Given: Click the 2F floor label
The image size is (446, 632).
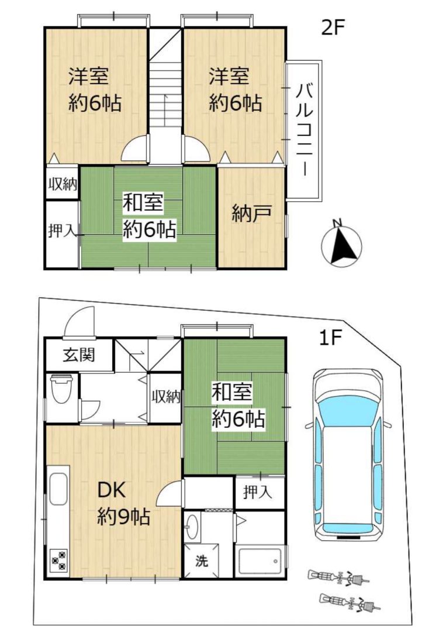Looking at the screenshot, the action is [333, 28].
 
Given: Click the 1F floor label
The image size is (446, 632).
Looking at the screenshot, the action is [330, 339].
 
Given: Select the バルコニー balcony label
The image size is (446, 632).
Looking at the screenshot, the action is [305, 129].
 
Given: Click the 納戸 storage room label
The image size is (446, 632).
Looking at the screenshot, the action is [251, 214].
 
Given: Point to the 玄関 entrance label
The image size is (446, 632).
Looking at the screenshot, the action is [79, 355].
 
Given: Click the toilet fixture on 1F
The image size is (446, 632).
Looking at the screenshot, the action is [61, 389].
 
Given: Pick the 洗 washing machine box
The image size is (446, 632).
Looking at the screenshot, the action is [202, 560].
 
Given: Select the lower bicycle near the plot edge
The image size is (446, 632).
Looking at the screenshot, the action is [350, 602].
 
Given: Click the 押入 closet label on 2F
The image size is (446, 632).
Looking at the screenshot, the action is [61, 231].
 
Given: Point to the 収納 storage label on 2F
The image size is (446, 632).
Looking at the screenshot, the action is [63, 184].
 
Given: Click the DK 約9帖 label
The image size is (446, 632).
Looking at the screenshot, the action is [123, 503].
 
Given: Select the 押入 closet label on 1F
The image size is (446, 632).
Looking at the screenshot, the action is [258, 492].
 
